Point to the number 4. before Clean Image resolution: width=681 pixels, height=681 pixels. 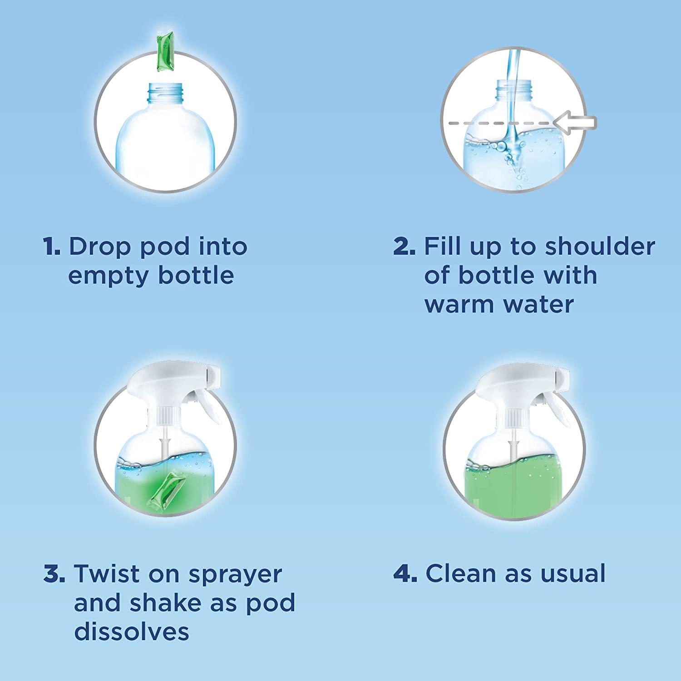405,574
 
